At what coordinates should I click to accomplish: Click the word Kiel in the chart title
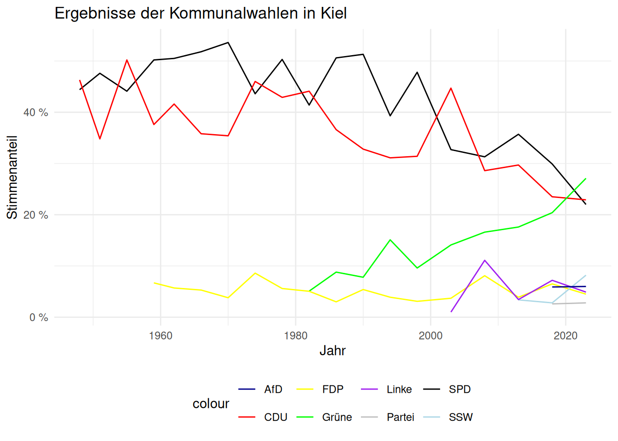[333, 13]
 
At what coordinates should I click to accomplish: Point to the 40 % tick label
[36, 113]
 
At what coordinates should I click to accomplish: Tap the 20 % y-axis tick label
[36, 215]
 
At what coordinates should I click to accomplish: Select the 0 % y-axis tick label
[39, 317]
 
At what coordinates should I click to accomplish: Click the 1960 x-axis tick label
[160, 336]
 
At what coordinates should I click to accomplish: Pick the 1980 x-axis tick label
[296, 336]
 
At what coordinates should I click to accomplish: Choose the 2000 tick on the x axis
[431, 336]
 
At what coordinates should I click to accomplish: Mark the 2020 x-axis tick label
[566, 336]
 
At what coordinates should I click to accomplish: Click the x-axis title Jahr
[332, 351]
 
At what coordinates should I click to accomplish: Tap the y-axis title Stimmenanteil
[12, 177]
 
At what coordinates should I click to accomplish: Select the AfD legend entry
[273, 390]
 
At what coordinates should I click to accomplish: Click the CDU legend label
[275, 417]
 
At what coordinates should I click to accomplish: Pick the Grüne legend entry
[337, 417]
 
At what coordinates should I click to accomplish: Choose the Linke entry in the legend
[399, 390]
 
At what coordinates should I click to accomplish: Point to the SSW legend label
[461, 417]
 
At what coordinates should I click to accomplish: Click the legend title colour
[211, 403]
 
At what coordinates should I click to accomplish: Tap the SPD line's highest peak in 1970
[228, 43]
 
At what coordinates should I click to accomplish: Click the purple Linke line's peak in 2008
[485, 260]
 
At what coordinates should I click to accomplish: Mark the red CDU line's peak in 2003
[451, 88]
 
